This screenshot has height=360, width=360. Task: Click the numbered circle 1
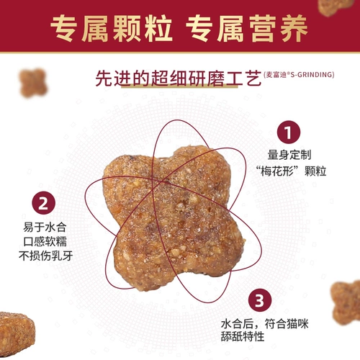coord(289,132)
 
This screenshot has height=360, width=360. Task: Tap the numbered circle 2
coord(43,203)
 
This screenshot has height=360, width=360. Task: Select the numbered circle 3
coord(260,300)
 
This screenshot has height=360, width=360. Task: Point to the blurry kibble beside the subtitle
coord(33,83)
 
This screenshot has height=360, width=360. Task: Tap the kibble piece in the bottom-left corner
coord(17,333)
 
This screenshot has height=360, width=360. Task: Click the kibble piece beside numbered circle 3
coord(346,303)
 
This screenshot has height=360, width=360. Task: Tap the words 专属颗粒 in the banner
coord(112,29)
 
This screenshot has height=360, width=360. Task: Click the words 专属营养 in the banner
coord(247,29)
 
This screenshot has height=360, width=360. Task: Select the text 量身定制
coord(289,155)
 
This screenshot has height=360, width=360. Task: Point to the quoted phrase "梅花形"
coord(277,171)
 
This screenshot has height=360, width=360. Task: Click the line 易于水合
coord(45,227)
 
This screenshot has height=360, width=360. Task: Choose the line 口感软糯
coord(45,241)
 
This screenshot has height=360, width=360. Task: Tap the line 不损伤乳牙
coord(45,256)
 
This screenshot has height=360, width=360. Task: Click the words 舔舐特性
coord(243,336)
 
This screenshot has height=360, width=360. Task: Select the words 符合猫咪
coord(287,324)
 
